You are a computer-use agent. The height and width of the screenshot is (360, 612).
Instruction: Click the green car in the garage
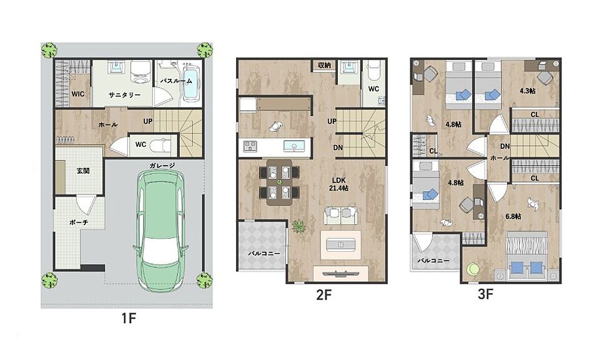coord(160,232)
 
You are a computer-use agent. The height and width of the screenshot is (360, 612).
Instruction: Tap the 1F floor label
coord(129,318)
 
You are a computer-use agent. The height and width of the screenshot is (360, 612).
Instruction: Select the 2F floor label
coord(324,295)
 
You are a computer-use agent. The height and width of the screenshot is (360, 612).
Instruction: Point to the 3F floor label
coord(486,294)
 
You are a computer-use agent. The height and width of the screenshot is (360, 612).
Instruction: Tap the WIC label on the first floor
coord(77,94)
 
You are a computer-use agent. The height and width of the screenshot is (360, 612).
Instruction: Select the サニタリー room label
coord(125,95)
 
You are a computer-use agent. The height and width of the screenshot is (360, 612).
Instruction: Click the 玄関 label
coord(83,171)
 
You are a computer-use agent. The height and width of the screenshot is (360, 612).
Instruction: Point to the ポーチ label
coord(79,222)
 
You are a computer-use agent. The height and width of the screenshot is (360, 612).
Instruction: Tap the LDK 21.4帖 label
coord(338,184)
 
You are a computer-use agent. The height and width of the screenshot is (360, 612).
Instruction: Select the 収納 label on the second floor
coord(324,65)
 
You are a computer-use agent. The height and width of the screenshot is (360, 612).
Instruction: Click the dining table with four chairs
coord(279,182)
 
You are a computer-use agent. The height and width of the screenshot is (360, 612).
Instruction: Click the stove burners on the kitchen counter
coord(250,146)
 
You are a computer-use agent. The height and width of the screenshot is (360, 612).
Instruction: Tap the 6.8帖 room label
coord(513,216)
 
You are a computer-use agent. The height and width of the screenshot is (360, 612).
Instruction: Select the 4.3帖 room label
coord(527,91)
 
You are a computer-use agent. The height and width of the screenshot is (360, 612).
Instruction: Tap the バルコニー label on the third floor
coord(433,261)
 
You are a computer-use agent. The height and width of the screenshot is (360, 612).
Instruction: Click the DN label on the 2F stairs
coord(338,147)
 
